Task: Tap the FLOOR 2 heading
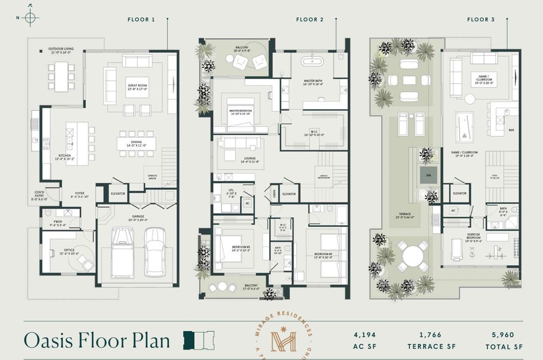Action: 310,20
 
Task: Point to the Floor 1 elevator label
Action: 118,194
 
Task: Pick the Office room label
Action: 69,252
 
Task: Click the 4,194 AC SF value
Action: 365,335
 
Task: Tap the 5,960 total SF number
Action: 504,335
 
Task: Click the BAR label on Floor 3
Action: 511,130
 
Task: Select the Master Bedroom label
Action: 241,112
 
